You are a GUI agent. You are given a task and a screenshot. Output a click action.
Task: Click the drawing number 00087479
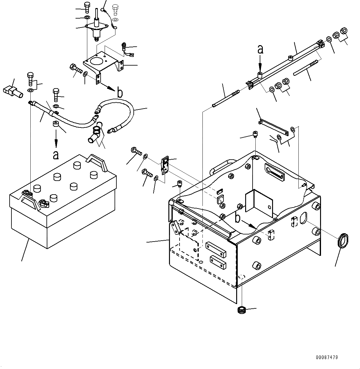(x=327, y=357)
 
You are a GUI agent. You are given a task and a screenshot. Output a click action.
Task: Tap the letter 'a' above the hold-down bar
(x=261, y=49)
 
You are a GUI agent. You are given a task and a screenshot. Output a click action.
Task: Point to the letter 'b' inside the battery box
(x=237, y=218)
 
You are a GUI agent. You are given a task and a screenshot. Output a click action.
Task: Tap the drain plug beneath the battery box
(x=241, y=310)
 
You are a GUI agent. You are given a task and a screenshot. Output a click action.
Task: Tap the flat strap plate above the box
(x=275, y=127)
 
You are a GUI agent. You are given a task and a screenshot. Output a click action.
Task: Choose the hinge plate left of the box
(x=165, y=165)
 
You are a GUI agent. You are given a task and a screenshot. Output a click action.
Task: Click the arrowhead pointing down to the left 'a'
(x=56, y=144)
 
